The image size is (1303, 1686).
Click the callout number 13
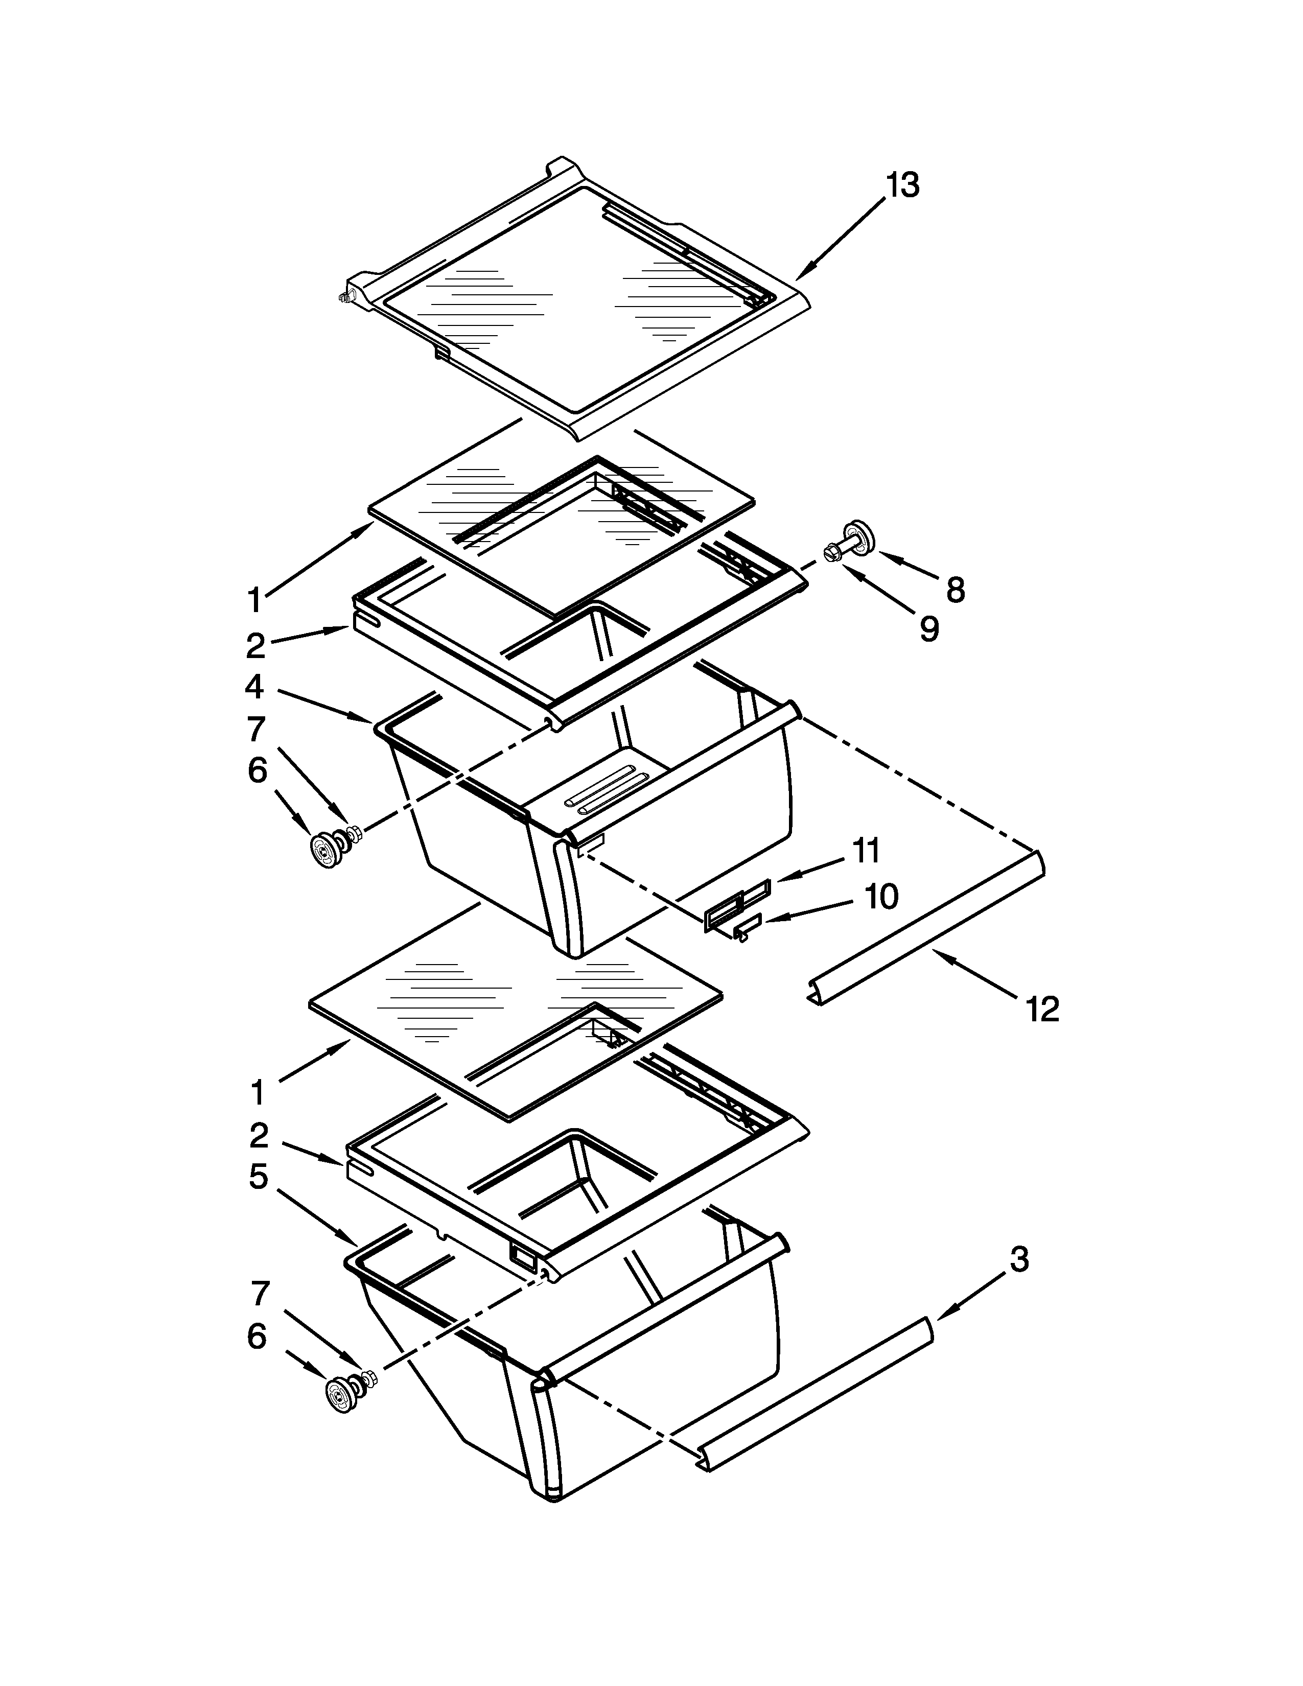pyautogui.click(x=902, y=185)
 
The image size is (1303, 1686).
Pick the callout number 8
pyautogui.click(x=955, y=591)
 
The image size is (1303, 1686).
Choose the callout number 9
pyautogui.click(x=928, y=629)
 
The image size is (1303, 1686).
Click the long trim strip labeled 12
pyautogui.click(x=926, y=926)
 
